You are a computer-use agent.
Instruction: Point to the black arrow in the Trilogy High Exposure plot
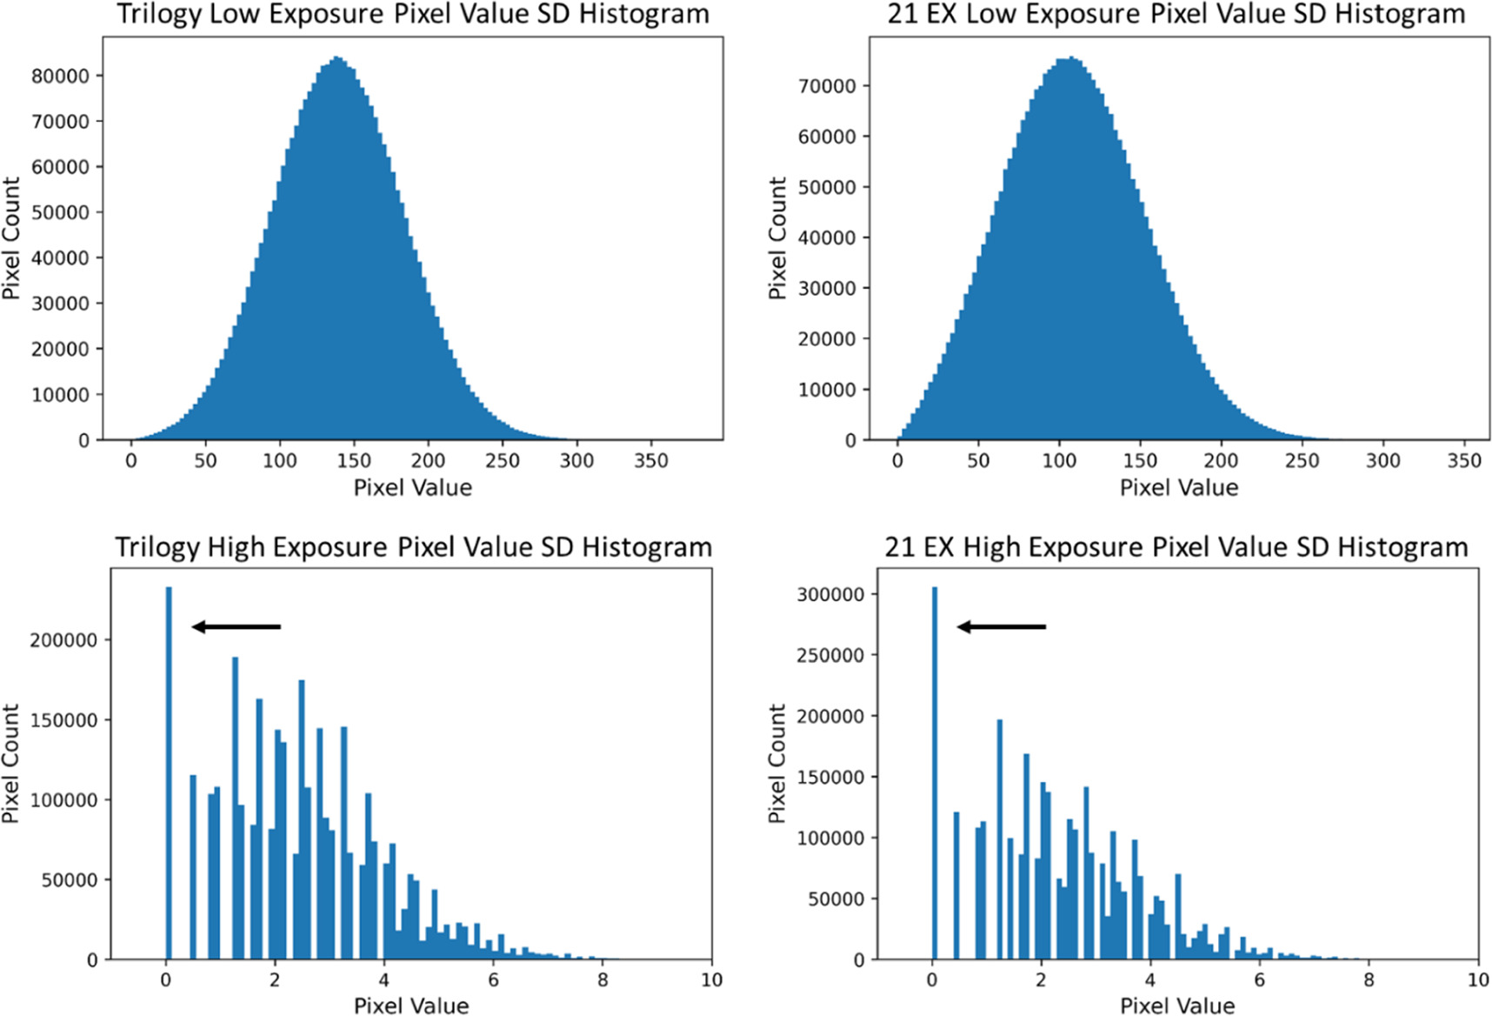pyautogui.click(x=236, y=626)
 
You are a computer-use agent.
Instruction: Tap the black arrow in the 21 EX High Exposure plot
pyautogui.click(x=1002, y=626)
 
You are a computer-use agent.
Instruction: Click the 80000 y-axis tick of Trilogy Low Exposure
pyautogui.click(x=60, y=76)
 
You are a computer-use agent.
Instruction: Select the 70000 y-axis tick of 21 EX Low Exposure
pyautogui.click(x=826, y=85)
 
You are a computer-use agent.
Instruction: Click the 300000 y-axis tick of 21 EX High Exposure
pyautogui.click(x=830, y=594)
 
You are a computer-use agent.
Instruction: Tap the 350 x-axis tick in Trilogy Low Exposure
pyautogui.click(x=651, y=461)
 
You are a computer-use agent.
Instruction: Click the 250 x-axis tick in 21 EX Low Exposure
pyautogui.click(x=1302, y=461)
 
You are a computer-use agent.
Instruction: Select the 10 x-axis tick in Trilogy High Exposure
pyautogui.click(x=711, y=980)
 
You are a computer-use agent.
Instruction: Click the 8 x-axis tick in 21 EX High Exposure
pyautogui.click(x=1369, y=980)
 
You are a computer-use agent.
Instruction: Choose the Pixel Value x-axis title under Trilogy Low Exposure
pyautogui.click(x=412, y=487)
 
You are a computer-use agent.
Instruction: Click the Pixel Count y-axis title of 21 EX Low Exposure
pyautogui.click(x=776, y=238)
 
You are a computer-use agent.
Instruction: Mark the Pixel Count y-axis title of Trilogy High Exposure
pyautogui.click(x=10, y=764)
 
